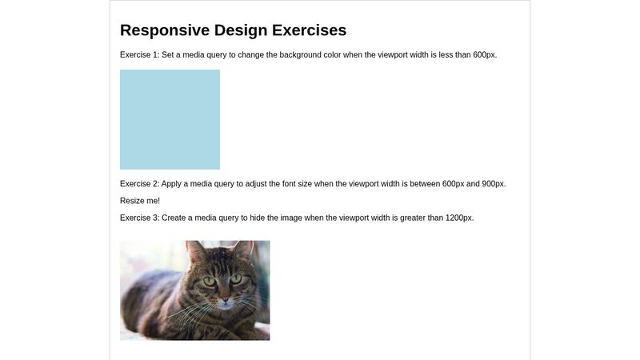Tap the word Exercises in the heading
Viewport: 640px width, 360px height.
pos(309,30)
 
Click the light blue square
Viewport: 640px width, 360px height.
pos(170,119)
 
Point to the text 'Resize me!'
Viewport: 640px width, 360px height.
pos(140,201)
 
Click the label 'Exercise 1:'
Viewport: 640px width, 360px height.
pos(140,55)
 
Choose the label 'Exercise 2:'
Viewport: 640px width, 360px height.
pos(140,184)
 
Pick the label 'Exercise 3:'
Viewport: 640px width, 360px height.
pos(140,218)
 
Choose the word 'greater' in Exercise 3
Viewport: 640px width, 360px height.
pos(408,218)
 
